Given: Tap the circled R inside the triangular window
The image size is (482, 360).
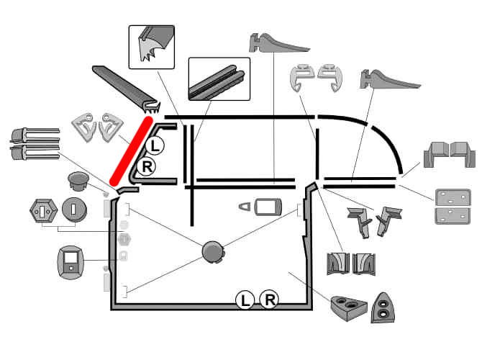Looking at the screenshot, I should click(x=146, y=168).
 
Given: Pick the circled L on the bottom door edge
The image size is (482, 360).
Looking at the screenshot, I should click(x=245, y=299).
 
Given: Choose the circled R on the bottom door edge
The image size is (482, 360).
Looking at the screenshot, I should click(x=268, y=299).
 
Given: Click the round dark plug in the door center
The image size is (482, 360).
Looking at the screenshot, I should click(x=213, y=251).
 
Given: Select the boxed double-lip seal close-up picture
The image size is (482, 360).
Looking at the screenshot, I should click(x=219, y=78).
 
